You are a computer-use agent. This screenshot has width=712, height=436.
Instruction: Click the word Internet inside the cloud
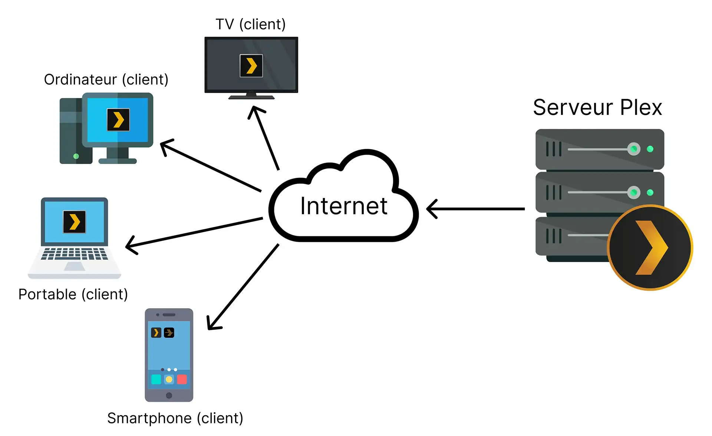[x=344, y=206]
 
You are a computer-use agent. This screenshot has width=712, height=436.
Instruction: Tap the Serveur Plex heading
[x=597, y=108]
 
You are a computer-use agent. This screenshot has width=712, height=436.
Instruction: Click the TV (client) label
[x=251, y=24]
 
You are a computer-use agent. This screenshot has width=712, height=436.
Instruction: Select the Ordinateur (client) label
[x=106, y=80]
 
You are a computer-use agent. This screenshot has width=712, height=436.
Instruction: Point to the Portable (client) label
[x=73, y=294]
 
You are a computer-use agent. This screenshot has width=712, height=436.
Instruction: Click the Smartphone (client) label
[x=175, y=418]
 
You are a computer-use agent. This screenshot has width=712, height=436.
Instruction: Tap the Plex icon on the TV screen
[x=251, y=66]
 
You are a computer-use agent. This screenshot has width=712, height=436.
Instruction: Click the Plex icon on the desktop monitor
[x=118, y=120]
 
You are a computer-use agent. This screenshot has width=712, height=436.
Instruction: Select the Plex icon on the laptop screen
[x=75, y=222]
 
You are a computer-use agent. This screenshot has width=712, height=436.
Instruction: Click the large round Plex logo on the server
[x=650, y=248]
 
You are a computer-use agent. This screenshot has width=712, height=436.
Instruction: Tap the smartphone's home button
[x=169, y=395]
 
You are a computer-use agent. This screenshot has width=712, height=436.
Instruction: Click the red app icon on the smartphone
[x=182, y=379]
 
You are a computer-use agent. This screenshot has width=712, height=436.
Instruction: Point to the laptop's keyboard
[x=75, y=254]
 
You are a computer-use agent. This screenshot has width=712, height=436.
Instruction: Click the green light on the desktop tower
[x=76, y=156]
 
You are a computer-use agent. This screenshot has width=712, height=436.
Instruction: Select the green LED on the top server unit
[x=650, y=149]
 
